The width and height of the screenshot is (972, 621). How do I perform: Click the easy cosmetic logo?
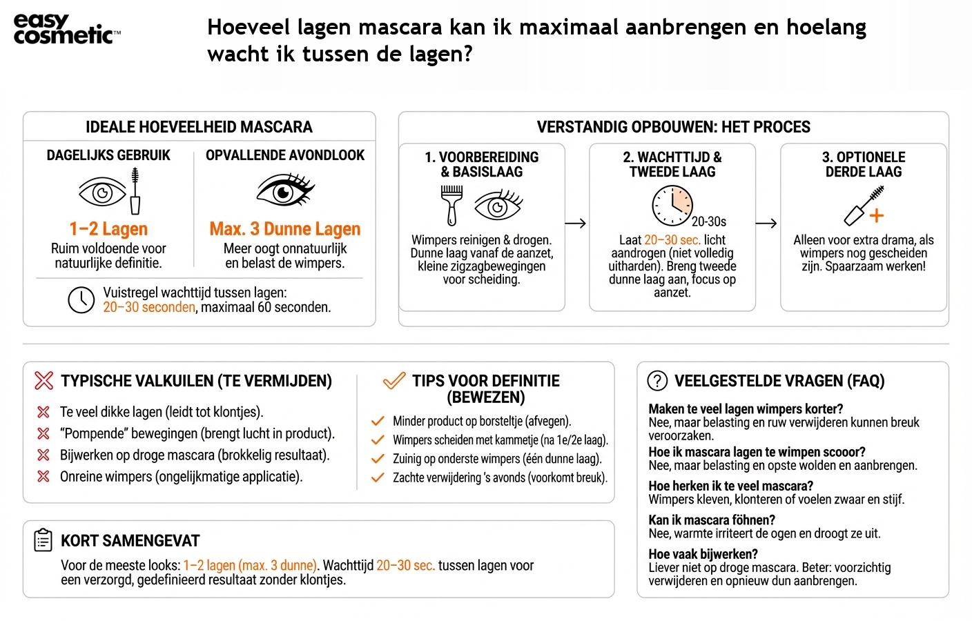66,30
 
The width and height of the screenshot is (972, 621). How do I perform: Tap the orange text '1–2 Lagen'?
108,229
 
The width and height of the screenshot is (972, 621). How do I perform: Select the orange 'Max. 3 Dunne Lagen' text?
284,229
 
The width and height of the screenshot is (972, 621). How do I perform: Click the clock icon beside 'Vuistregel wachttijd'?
81,300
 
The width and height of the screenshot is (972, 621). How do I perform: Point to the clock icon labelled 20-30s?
672,205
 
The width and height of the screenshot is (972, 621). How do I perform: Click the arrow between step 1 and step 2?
575,223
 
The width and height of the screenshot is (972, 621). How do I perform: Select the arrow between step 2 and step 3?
766,223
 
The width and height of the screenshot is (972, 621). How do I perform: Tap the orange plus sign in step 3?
876,215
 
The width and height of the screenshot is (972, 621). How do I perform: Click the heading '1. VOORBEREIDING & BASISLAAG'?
481,164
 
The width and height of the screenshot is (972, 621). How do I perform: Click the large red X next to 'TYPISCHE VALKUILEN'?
43,381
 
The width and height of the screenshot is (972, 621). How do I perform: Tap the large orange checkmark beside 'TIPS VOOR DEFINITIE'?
394,381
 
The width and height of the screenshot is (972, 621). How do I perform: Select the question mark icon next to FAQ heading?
657,381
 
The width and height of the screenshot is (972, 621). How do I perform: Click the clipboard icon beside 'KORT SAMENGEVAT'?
43,540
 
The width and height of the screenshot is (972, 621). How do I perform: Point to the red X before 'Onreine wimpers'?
43,476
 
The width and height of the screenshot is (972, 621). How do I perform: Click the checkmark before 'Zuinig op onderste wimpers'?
378,459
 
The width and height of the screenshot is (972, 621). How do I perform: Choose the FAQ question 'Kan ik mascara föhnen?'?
711,520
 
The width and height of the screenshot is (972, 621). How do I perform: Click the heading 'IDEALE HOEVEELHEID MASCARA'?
199,127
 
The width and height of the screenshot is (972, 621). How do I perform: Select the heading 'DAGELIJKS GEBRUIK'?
108,155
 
